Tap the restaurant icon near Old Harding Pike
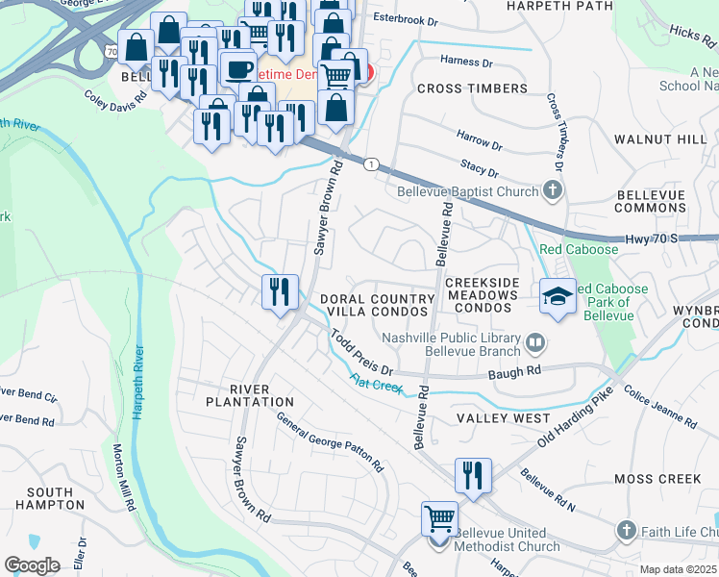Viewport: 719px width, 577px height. click(473, 476)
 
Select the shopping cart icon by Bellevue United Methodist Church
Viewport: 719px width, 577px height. click(439, 519)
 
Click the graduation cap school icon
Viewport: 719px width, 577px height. click(558, 296)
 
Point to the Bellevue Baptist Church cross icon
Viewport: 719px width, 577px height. click(553, 190)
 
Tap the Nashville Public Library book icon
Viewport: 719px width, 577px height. click(534, 340)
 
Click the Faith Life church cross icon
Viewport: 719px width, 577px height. click(626, 531)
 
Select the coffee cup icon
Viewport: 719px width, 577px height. click(238, 69)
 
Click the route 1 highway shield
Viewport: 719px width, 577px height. click(371, 164)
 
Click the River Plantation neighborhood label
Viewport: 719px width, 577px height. click(249, 394)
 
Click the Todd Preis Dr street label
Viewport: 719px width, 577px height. click(362, 355)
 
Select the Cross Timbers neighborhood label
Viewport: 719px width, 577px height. click(472, 88)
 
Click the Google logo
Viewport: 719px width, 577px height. click(32, 565)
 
